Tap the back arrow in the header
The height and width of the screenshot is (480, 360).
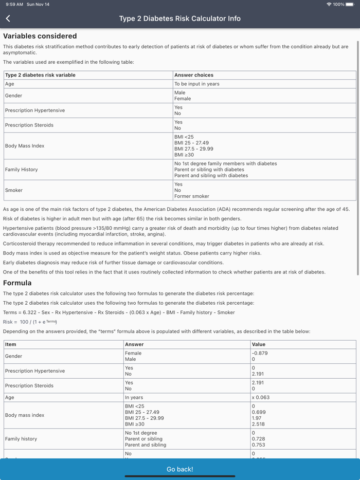tap(8, 19)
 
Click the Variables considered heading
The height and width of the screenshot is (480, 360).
tap(40, 36)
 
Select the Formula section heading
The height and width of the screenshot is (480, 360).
tap(17, 283)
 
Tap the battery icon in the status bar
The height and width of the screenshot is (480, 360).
tap(350, 4)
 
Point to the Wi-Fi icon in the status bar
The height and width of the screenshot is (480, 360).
tap(329, 4)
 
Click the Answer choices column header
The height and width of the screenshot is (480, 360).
tap(194, 75)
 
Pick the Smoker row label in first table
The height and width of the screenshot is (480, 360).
tap(14, 190)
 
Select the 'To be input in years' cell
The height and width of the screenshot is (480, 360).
tap(197, 84)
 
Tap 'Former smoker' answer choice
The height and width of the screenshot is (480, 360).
tap(191, 196)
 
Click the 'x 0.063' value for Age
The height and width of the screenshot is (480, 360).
tap(260, 397)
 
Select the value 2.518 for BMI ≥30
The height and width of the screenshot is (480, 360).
tap(258, 424)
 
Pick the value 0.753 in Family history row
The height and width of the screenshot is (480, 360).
tap(258, 445)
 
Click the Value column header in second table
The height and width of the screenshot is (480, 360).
tap(259, 344)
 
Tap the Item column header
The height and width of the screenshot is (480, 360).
tap(11, 344)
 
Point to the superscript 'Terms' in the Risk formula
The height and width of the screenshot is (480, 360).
tap(51, 321)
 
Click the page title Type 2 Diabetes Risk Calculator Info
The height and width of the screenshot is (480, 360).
tap(180, 19)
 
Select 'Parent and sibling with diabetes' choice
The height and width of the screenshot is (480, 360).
tap(211, 175)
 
